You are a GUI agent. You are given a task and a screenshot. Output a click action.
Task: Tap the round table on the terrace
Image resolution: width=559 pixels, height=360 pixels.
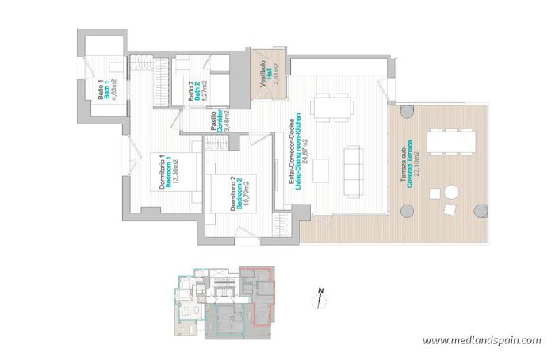point(450,191)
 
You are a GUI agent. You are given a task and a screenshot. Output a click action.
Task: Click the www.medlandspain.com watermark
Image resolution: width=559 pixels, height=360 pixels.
point(481,340)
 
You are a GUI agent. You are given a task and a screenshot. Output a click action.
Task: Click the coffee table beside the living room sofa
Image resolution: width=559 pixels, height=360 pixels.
point(321,168)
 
